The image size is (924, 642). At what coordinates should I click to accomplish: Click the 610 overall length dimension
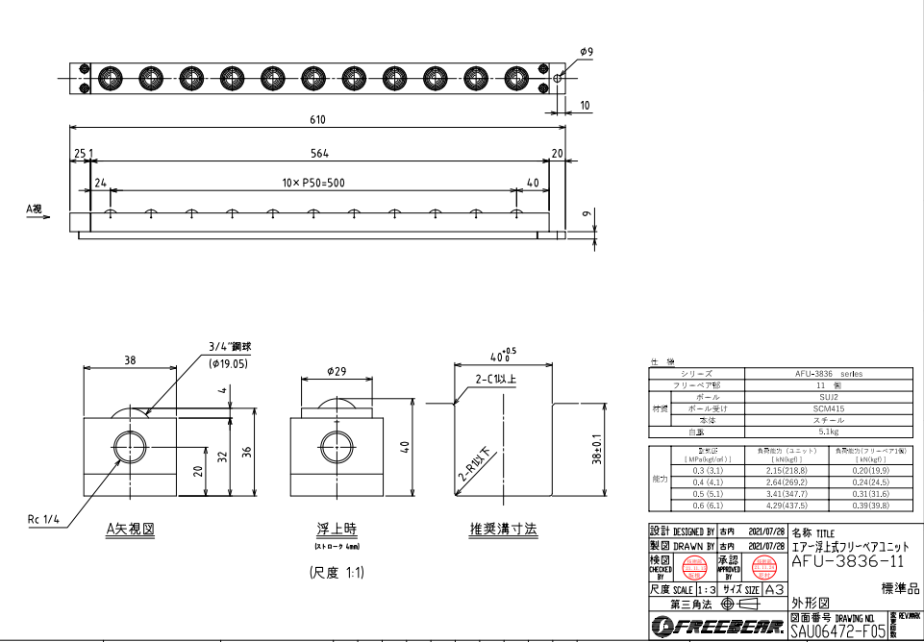point(317,120)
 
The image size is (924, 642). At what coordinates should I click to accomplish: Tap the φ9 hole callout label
point(587,51)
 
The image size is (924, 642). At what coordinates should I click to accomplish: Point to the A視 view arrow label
point(34,206)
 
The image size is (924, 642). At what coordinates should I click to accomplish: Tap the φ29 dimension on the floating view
point(336,370)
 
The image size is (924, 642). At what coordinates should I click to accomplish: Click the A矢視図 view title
point(130,530)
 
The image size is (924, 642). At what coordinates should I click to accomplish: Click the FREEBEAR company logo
point(716,628)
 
